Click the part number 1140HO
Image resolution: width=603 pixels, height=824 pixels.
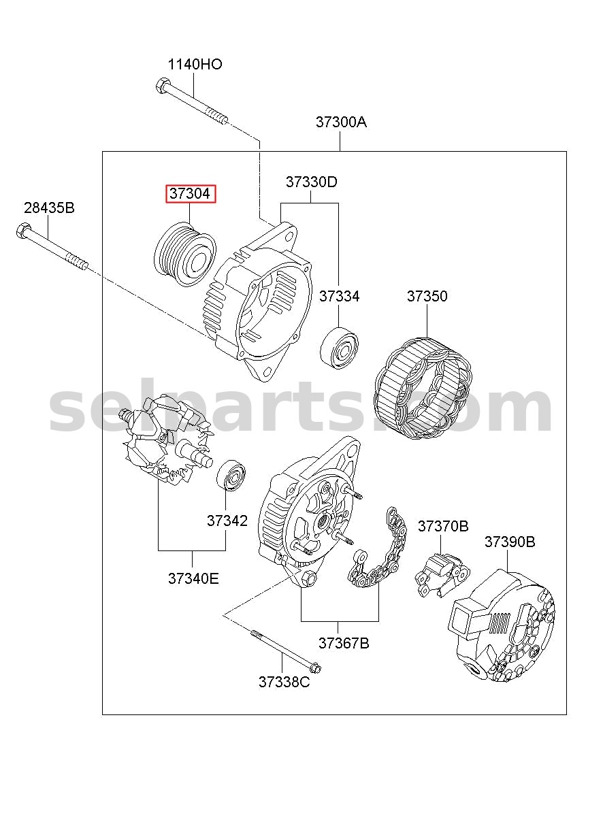coord(195,65)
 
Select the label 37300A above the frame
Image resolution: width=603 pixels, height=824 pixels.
coord(341,122)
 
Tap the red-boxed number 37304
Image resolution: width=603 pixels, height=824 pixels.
coord(190,193)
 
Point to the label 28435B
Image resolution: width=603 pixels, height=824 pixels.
coord(49,208)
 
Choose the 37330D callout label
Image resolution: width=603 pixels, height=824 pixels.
coord(311,182)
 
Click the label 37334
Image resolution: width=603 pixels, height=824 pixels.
coord(339,296)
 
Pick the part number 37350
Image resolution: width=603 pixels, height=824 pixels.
coord(427,296)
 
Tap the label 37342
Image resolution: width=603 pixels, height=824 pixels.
coord(227,521)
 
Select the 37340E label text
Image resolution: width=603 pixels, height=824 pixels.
coord(193,578)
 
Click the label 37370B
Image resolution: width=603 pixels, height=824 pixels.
coord(443,527)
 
